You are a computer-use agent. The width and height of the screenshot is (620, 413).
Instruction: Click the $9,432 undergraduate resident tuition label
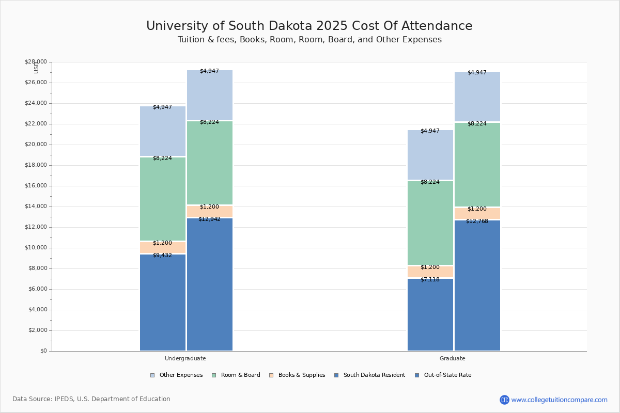tap(162, 256)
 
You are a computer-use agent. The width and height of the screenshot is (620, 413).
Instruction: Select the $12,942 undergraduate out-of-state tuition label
tap(209, 219)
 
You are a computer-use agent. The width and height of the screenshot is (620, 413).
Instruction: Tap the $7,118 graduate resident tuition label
tap(430, 280)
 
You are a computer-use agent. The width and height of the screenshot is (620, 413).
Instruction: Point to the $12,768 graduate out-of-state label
tap(477, 221)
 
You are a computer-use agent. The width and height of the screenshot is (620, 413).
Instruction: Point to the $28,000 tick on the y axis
tap(36, 62)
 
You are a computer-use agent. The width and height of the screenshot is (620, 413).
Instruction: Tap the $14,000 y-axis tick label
tap(36, 206)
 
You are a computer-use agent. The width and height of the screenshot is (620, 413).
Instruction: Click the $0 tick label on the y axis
tap(43, 351)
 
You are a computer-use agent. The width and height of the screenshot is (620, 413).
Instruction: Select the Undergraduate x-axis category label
tap(185, 358)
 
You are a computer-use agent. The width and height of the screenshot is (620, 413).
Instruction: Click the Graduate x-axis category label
tap(453, 358)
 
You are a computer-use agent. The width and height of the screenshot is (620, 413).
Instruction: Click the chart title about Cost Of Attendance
tap(309, 26)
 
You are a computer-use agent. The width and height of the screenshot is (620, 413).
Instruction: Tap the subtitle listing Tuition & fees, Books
tap(309, 40)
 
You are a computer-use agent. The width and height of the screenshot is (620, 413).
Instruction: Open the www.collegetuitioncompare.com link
tap(559, 400)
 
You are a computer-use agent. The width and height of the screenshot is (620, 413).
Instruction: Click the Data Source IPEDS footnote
tap(91, 399)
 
